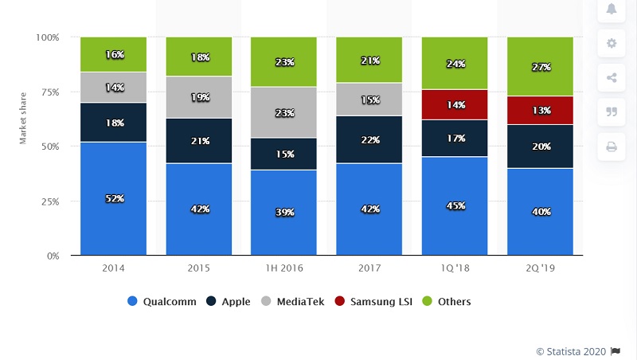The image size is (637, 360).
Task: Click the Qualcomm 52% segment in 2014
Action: (x=113, y=198)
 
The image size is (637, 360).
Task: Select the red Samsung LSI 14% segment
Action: (x=454, y=104)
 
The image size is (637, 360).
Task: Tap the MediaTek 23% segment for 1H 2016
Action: (x=283, y=112)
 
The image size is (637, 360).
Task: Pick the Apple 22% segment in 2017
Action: (x=369, y=139)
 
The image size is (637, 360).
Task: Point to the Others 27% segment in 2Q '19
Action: (x=540, y=67)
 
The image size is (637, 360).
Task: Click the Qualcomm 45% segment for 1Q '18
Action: (x=454, y=206)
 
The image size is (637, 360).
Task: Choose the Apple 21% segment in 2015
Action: (x=198, y=140)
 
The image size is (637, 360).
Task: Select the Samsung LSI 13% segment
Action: (x=540, y=111)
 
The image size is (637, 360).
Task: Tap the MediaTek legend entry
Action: (x=292, y=302)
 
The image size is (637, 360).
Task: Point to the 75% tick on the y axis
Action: (x=48, y=92)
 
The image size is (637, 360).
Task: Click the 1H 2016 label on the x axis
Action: (x=283, y=269)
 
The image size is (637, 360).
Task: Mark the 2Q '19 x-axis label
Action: (x=540, y=269)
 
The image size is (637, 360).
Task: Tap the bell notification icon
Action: (x=612, y=9)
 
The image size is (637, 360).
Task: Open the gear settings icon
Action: (x=612, y=43)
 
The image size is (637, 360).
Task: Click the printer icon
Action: (x=612, y=147)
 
